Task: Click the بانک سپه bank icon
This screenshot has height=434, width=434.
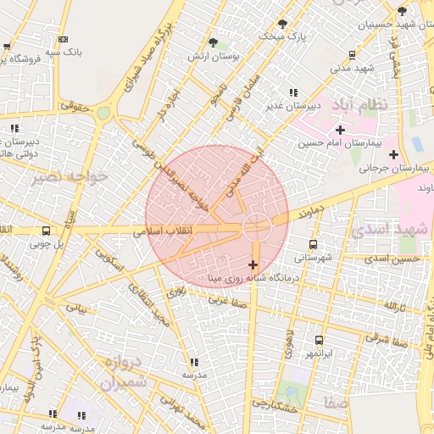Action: tap(63, 39)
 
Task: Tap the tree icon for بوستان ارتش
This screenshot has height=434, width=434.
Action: tap(213, 42)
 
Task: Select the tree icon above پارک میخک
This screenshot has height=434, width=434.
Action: tap(281, 24)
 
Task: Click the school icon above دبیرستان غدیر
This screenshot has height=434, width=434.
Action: tap(293, 92)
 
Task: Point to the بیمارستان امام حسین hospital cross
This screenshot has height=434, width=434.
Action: tap(340, 130)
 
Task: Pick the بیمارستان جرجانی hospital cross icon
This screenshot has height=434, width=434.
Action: tap(393, 154)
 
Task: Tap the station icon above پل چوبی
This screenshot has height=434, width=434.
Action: tap(45, 231)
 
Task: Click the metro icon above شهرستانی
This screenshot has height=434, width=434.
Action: tap(314, 244)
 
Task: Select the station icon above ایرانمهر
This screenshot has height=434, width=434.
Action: tap(319, 339)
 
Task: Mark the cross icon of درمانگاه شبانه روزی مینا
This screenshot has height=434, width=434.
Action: tap(253, 265)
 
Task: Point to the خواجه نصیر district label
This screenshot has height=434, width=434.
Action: tap(70, 177)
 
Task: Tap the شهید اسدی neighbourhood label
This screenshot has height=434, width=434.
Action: tap(388, 231)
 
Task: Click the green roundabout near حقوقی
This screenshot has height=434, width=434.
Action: tap(103, 113)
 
